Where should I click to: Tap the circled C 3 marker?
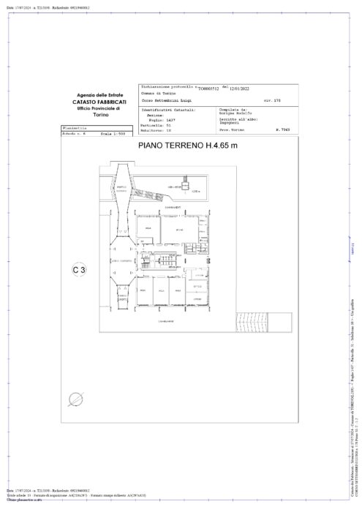[79, 270]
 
